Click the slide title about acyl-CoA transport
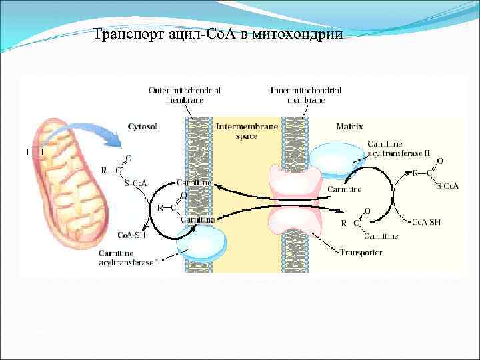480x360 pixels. [219, 35]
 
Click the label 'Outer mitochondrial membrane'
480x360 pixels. [185, 95]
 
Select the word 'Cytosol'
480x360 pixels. [142, 125]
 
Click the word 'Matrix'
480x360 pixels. [349, 125]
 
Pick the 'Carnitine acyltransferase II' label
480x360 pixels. [399, 149]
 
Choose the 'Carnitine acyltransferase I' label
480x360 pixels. [129, 258]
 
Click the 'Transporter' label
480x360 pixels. [361, 253]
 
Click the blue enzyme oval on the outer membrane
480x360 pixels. [201, 244]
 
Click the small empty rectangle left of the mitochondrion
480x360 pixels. [31, 153]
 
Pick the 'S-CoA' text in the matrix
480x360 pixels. [447, 185]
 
